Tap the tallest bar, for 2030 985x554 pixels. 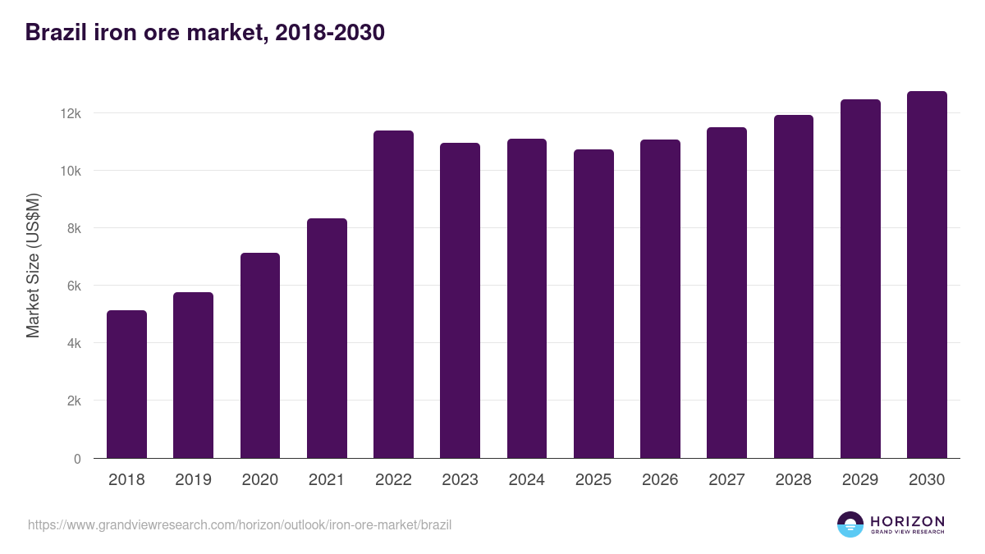[x=927, y=275]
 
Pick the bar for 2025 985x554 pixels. [x=593, y=304]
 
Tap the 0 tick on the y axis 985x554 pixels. [x=77, y=459]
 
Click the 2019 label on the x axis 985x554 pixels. [x=193, y=480]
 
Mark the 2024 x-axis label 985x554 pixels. [x=526, y=480]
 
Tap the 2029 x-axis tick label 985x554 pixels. [x=859, y=480]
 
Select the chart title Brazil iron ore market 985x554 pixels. [x=205, y=33]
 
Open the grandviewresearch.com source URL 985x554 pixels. [x=240, y=524]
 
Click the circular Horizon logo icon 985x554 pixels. [x=850, y=524]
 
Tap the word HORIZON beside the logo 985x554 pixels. [x=907, y=521]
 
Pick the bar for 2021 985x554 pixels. [x=327, y=338]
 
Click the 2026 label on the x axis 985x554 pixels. [x=660, y=480]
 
